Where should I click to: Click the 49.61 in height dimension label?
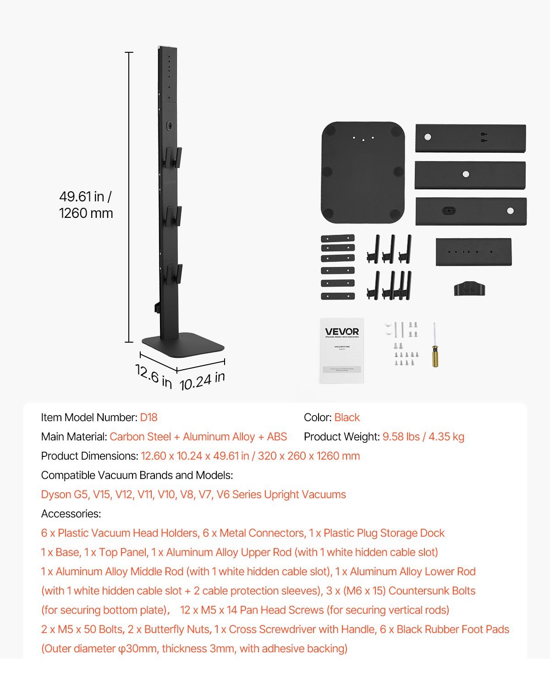(85, 197)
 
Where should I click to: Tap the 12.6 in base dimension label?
(154, 376)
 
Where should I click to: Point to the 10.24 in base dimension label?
(202, 381)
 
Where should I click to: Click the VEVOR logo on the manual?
(342, 332)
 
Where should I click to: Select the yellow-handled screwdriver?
(434, 346)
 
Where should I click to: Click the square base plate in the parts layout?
(363, 172)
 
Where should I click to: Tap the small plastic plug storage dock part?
(469, 289)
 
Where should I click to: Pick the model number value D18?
(148, 417)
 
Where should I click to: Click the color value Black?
(347, 417)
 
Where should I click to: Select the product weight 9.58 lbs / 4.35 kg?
(423, 437)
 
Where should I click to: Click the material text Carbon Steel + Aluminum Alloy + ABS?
(198, 437)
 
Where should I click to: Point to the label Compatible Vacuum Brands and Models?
(137, 475)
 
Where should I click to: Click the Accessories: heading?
(71, 514)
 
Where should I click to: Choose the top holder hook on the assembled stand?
(172, 157)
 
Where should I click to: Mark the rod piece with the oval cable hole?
(471, 211)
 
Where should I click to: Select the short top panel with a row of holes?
(473, 252)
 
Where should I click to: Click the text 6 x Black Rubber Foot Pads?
(444, 629)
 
